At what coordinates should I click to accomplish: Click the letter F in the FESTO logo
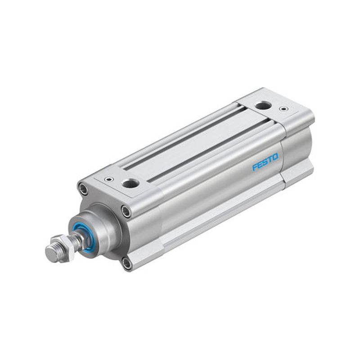(x=255, y=166)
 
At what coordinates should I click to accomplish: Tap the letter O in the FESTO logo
(x=275, y=157)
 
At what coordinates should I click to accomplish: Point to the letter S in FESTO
(x=265, y=162)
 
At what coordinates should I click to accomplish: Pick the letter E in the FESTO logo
(x=260, y=164)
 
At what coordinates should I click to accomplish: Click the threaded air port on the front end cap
(x=130, y=183)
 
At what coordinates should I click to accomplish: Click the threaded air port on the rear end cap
(x=263, y=106)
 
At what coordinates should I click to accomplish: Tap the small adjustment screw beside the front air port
(x=108, y=179)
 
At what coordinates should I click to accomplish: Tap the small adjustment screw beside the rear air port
(x=283, y=108)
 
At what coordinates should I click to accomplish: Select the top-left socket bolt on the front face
(x=83, y=189)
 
